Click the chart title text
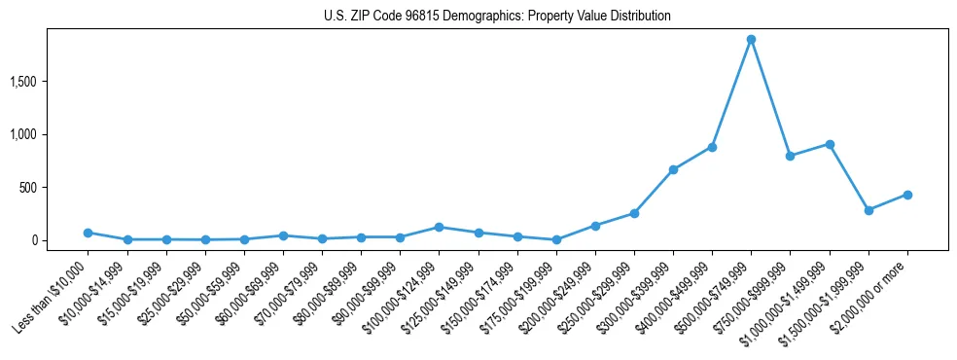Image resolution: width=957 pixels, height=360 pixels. click(497, 17)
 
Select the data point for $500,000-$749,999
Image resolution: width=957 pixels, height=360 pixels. click(751, 40)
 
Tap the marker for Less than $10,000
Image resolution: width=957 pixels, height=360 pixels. click(88, 233)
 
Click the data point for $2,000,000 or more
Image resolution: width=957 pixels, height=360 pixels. click(907, 195)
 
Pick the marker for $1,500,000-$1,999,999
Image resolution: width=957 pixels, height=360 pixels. click(868, 210)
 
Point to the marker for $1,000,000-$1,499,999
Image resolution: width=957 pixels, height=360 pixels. click(830, 144)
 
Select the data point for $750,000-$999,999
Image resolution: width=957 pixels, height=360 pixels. click(790, 156)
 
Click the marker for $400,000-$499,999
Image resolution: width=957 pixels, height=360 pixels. click(712, 147)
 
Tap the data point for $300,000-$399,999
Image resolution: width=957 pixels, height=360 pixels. click(673, 169)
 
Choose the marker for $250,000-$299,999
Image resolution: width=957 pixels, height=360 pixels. click(634, 213)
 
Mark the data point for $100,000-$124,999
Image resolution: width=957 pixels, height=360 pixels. click(439, 227)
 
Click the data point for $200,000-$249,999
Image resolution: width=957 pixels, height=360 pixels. click(595, 226)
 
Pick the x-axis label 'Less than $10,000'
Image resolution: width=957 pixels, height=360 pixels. click(51, 291)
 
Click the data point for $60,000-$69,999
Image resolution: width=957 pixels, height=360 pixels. click(283, 235)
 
